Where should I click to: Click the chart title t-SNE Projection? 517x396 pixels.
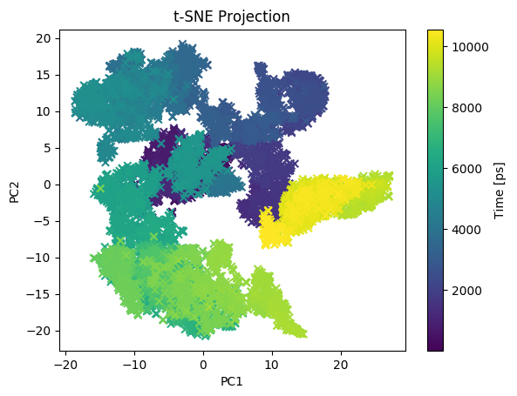click(231, 17)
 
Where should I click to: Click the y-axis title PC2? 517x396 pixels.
click(15, 191)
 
